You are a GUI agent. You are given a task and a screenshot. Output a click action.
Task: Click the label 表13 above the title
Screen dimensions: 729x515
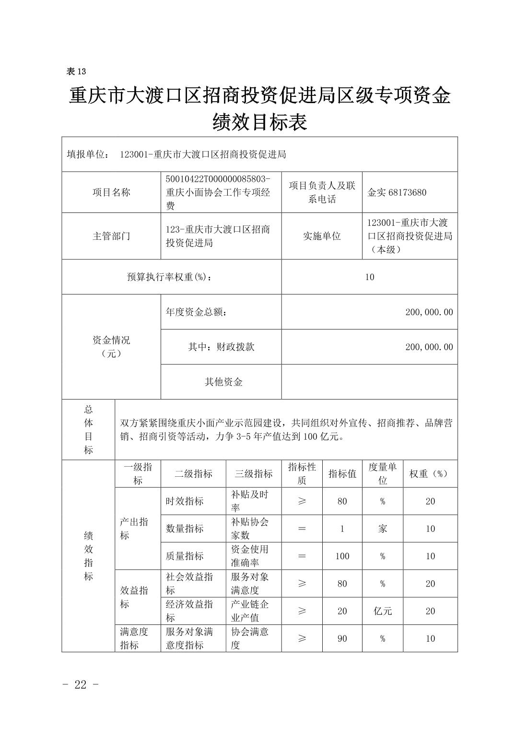pyautogui.click(x=76, y=71)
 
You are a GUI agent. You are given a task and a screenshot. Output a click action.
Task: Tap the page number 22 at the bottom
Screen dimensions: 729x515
pyautogui.click(x=81, y=684)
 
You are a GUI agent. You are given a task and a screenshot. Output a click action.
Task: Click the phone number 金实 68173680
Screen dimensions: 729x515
pyautogui.click(x=397, y=193)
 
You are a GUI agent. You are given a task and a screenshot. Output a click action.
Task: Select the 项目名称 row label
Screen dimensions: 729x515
pyautogui.click(x=111, y=193)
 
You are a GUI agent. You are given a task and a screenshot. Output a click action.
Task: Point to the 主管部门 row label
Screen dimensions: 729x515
pyautogui.click(x=111, y=236)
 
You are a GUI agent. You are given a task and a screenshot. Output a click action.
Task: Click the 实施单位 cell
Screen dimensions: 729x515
pyautogui.click(x=322, y=236)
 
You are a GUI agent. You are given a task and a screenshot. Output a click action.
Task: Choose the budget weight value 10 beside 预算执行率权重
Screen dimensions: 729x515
pyautogui.click(x=369, y=277)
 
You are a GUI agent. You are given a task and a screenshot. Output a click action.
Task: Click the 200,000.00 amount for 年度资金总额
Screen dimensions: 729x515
pyautogui.click(x=429, y=312)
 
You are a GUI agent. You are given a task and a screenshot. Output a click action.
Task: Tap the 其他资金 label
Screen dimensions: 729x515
pyautogui.click(x=223, y=382)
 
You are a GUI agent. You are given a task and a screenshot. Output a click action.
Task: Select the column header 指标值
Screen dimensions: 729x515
pyautogui.click(x=342, y=474)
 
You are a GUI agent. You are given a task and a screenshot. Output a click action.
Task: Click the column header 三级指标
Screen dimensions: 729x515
pyautogui.click(x=253, y=474)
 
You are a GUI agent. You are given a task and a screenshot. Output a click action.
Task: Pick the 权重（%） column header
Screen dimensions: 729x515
pyautogui.click(x=430, y=474)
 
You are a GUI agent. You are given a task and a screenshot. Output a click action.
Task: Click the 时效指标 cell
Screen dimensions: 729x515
pyautogui.click(x=185, y=501)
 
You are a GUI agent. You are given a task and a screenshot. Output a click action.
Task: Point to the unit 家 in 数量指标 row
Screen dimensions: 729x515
pyautogui.click(x=383, y=529)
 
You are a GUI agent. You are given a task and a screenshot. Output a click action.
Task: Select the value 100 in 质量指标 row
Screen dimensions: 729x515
pyautogui.click(x=342, y=556)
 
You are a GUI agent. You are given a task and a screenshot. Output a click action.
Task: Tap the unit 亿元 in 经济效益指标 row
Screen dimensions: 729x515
pyautogui.click(x=383, y=611)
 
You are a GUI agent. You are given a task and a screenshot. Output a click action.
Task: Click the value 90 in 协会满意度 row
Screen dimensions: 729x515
pyautogui.click(x=342, y=639)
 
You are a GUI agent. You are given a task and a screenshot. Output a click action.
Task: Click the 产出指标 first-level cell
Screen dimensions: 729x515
pyautogui.click(x=134, y=529)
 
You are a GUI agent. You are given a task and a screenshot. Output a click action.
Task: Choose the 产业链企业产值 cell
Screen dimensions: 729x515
pyautogui.click(x=250, y=611)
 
